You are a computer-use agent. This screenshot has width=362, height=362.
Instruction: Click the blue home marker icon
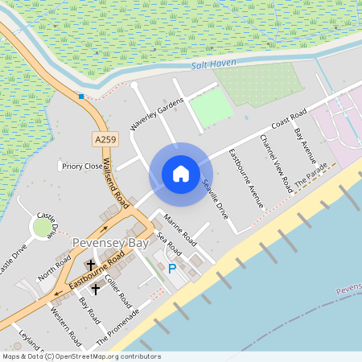click(x=181, y=174)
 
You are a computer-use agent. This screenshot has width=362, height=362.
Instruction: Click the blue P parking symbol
click(x=171, y=269)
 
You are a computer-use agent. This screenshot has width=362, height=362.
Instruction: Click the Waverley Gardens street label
click(x=157, y=114)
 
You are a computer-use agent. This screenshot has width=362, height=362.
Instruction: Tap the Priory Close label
click(x=83, y=167)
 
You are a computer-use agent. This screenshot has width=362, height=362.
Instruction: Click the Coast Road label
click(x=289, y=120)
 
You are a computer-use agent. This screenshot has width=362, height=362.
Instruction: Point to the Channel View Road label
click(x=276, y=162)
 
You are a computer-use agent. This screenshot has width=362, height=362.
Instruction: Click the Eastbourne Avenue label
click(x=246, y=179)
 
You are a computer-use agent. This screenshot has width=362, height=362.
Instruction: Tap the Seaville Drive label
click(x=216, y=199)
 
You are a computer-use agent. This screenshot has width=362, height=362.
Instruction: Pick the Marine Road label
click(x=180, y=229)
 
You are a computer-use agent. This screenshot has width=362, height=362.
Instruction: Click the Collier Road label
click(x=118, y=290)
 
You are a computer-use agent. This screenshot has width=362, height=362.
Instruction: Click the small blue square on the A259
click(x=81, y=97)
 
